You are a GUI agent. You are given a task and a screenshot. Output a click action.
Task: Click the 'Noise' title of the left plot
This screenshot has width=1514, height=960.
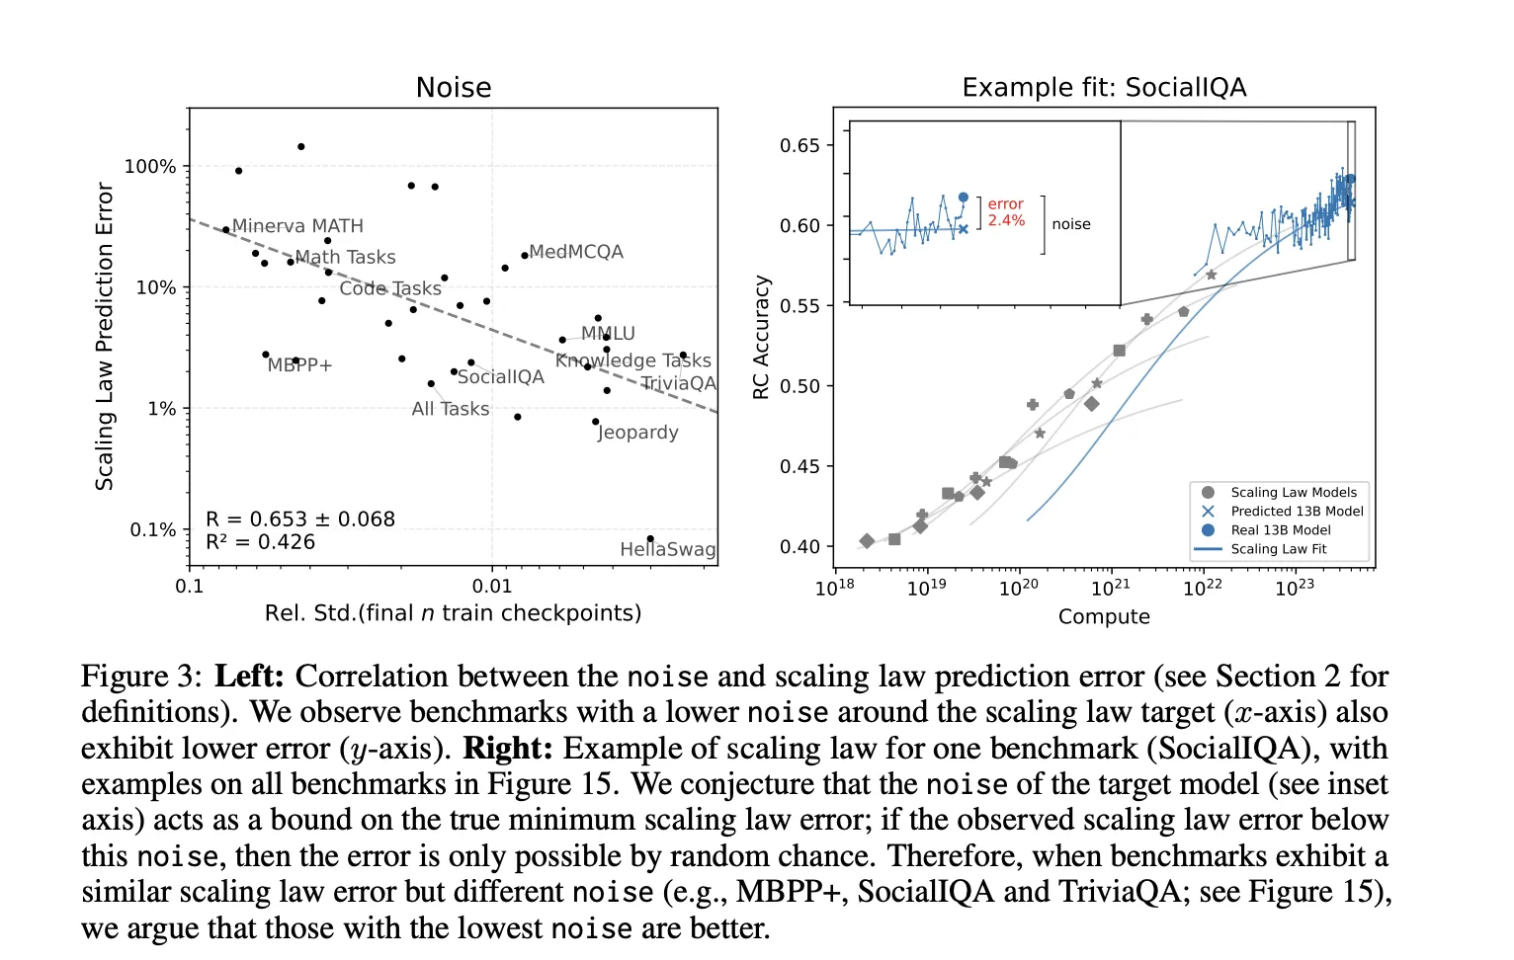click(x=454, y=88)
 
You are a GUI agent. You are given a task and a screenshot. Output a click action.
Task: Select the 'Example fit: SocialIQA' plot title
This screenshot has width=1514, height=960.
click(x=1104, y=88)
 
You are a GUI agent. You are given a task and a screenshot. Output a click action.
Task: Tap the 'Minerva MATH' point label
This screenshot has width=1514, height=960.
click(x=297, y=226)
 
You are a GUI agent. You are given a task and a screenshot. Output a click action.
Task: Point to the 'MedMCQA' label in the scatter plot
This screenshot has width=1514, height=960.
click(x=576, y=252)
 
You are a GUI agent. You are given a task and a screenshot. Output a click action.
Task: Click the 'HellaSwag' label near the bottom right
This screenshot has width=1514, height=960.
click(x=667, y=549)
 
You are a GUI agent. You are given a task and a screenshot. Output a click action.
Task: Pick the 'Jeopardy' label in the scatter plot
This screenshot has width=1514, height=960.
click(x=638, y=433)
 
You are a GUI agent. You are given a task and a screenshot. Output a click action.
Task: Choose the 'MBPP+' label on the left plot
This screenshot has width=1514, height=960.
click(x=299, y=365)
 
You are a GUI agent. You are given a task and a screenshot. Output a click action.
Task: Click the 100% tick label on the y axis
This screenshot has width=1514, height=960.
click(x=150, y=167)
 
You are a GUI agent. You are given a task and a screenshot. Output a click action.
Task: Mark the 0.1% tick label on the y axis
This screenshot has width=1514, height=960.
click(x=152, y=530)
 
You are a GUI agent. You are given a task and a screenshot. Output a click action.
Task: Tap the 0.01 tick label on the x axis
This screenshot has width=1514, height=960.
click(x=492, y=586)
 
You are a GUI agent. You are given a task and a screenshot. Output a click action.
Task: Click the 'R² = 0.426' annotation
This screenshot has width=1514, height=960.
click(x=261, y=542)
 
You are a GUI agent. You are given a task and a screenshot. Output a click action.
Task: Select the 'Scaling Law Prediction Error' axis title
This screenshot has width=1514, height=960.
click(x=105, y=336)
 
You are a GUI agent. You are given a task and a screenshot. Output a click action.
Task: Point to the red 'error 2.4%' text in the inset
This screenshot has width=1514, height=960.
click(x=1006, y=212)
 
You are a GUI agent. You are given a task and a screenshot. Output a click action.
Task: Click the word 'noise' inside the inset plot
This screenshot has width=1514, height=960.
click(x=1071, y=224)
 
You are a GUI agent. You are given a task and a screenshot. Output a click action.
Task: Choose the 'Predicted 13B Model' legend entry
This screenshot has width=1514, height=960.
click(x=1297, y=512)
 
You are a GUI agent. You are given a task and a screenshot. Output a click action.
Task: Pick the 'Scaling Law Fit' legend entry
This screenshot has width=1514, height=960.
click(x=1279, y=549)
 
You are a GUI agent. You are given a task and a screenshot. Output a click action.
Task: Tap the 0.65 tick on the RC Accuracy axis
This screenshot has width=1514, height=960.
click(x=799, y=146)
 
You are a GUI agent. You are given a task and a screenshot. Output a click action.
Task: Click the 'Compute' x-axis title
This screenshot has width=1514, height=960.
click(x=1104, y=617)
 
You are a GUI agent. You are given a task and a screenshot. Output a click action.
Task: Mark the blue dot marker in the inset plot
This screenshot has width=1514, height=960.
click(x=964, y=198)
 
